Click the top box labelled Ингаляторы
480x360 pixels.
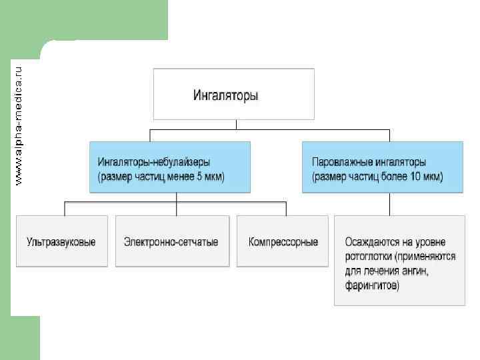233,93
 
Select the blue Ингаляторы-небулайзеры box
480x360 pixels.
170,167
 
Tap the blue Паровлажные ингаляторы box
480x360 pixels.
382,167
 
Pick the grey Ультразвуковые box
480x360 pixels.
62,241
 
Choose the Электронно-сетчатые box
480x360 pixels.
176,241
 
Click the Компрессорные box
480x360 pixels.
283,241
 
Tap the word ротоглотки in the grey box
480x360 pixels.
367,256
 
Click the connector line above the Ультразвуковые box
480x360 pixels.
64,208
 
